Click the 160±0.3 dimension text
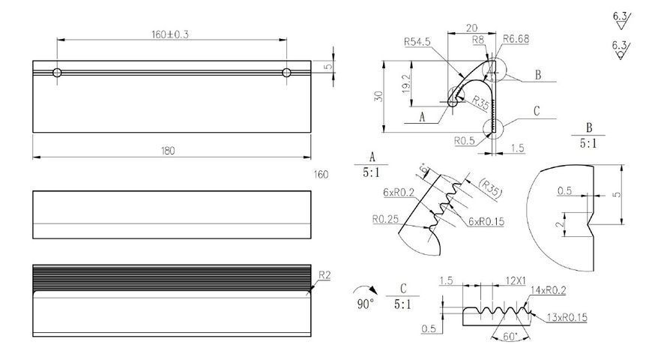point(169,34)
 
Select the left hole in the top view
point(57,73)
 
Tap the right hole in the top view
point(286,73)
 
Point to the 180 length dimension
point(168,151)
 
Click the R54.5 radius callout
point(417,41)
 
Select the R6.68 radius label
point(516,39)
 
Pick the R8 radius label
point(478,40)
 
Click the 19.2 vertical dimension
point(406,84)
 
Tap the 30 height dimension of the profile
point(378,97)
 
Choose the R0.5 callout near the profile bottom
point(464,141)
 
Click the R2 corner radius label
point(325,275)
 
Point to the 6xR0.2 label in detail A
point(399,192)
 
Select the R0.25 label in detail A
point(385,219)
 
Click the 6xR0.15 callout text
point(486,221)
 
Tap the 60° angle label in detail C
point(510,336)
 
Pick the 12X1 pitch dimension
point(516,281)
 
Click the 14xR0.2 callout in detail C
point(549,290)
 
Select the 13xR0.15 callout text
point(567,317)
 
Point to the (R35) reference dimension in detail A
point(491,187)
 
